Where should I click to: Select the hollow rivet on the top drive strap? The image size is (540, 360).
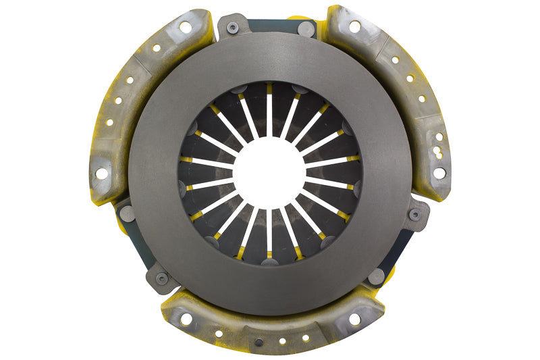coord(233,28)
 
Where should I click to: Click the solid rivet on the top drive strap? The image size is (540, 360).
coord(305,29)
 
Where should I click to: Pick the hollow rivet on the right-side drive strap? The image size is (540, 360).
coord(415,215)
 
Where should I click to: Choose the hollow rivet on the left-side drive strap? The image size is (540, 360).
coord(162,278)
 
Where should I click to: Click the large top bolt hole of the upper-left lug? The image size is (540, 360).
coord(184,27)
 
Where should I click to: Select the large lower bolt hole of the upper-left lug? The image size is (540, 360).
coord(101,174)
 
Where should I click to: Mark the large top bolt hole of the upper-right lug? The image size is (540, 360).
coord(354,26)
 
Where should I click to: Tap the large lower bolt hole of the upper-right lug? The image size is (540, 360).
coord(439,173)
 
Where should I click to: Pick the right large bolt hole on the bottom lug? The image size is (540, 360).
coord(353,319)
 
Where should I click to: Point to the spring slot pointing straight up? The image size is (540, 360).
coord(269,115)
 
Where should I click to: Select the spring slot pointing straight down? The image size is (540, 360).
coord(269,230)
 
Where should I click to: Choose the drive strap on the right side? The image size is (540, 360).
coord(398,247)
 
